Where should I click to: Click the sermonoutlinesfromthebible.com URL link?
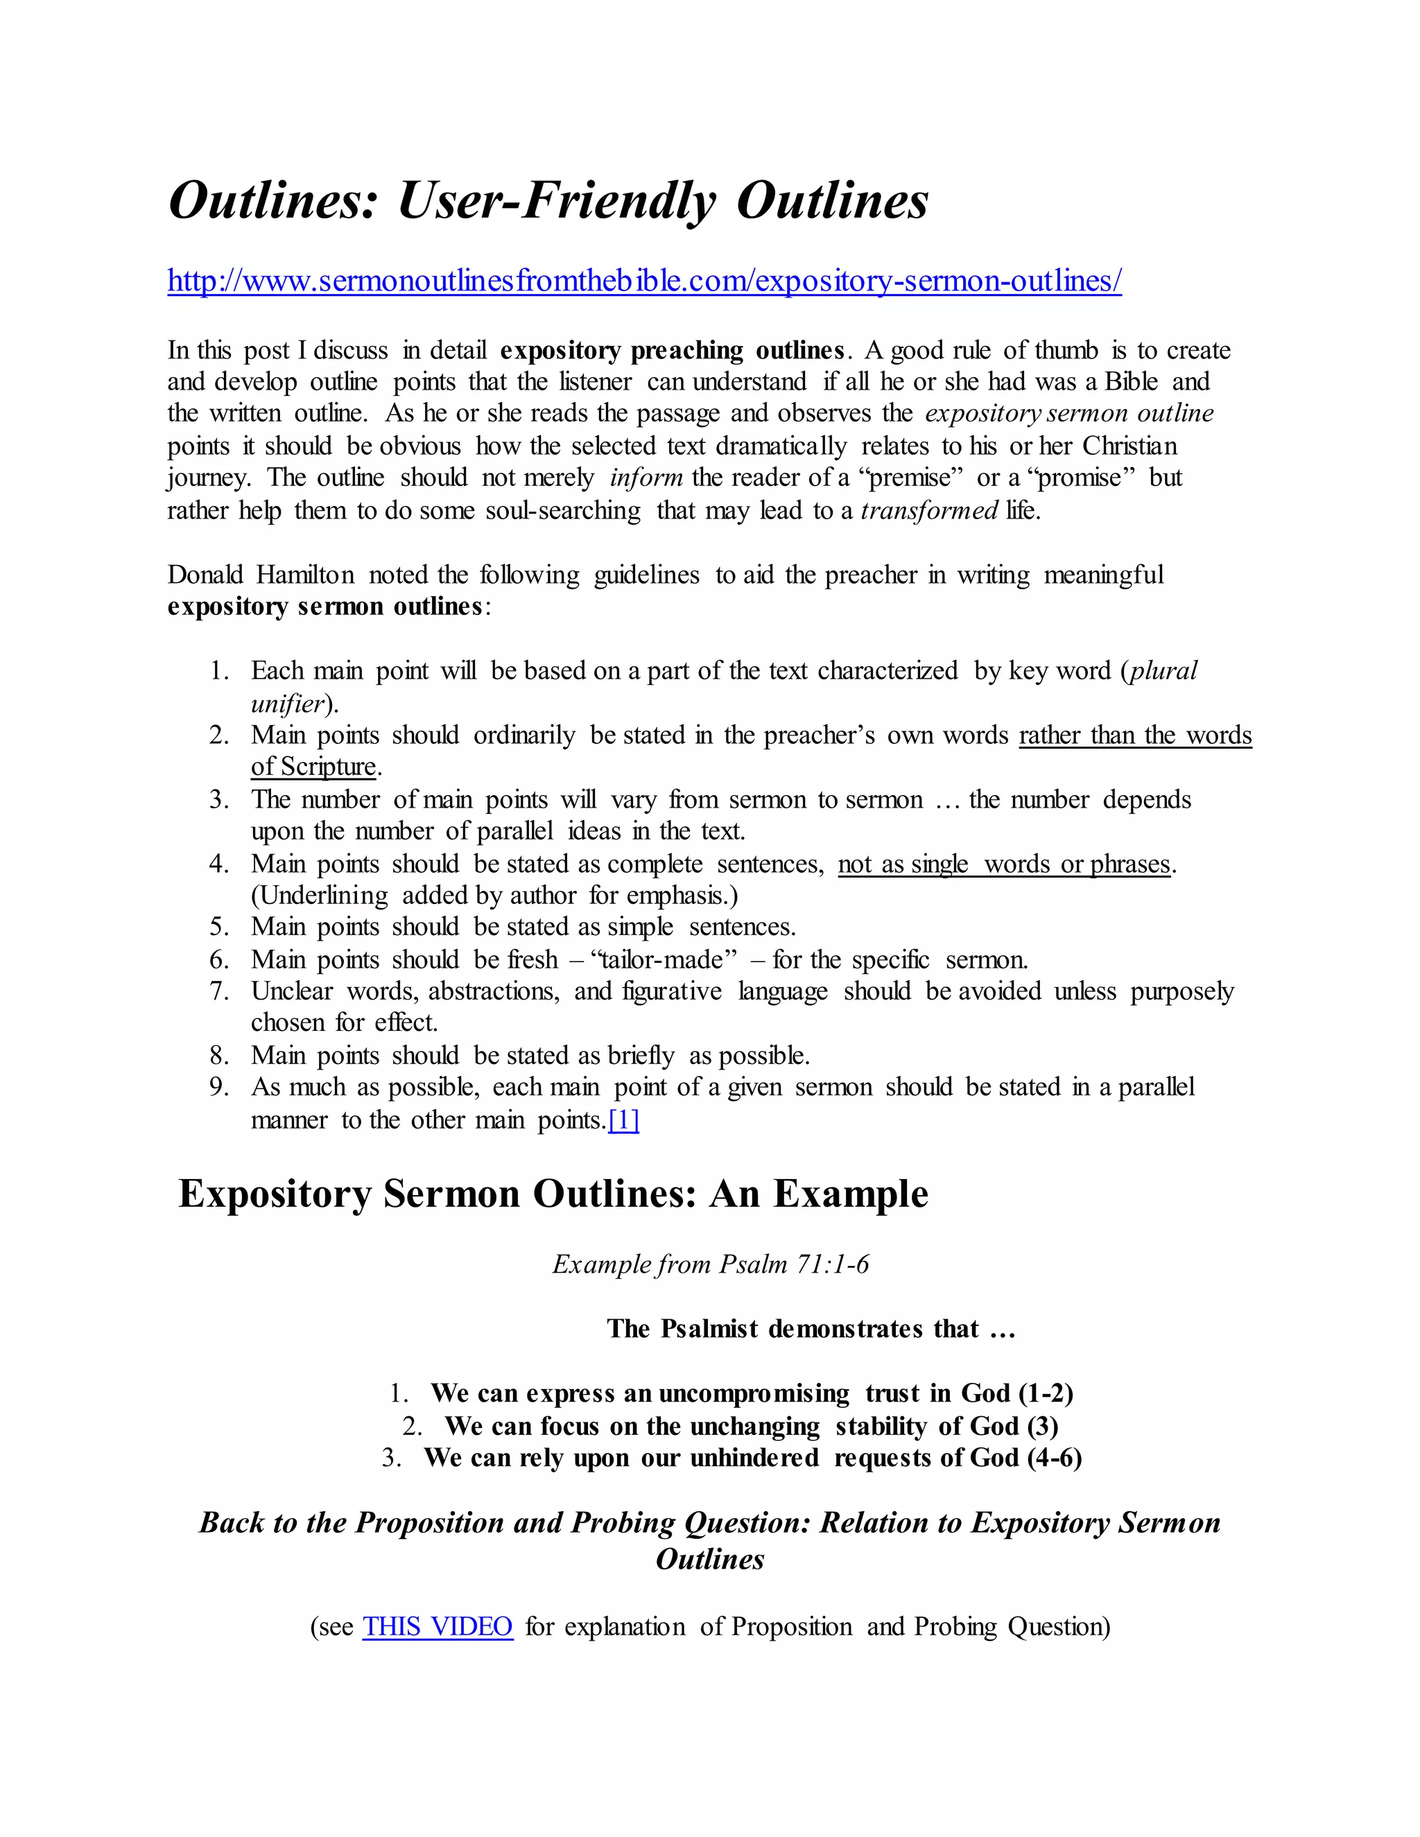pyautogui.click(x=644, y=281)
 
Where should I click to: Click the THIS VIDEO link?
pyautogui.click(x=438, y=1626)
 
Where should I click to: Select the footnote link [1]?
pyautogui.click(x=623, y=1120)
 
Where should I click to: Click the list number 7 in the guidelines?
pyautogui.click(x=220, y=991)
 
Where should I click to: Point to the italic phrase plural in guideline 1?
pyautogui.click(x=1163, y=670)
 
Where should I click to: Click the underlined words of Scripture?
pyautogui.click(x=313, y=767)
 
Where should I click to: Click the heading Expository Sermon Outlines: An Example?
pyautogui.click(x=553, y=1194)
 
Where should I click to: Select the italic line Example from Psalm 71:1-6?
pyautogui.click(x=710, y=1264)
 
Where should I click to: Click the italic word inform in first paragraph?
pyautogui.click(x=646, y=478)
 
